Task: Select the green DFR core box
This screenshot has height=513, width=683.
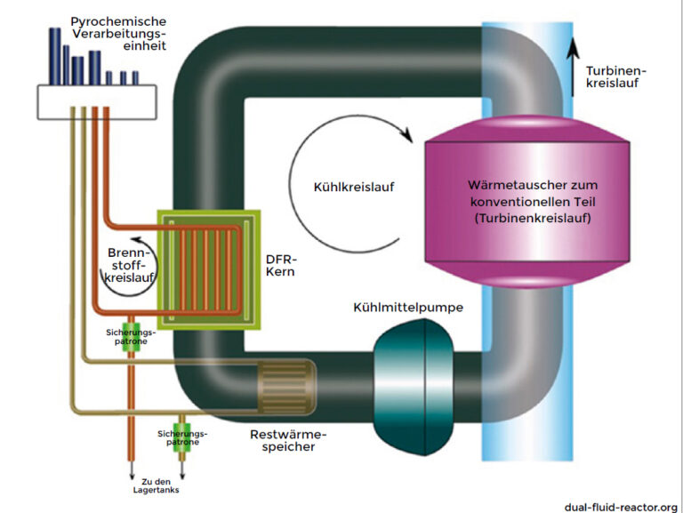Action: click(x=205, y=268)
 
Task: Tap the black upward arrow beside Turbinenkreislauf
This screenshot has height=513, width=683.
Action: click(x=573, y=53)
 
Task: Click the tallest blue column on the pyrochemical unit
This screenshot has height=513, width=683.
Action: click(x=55, y=55)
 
